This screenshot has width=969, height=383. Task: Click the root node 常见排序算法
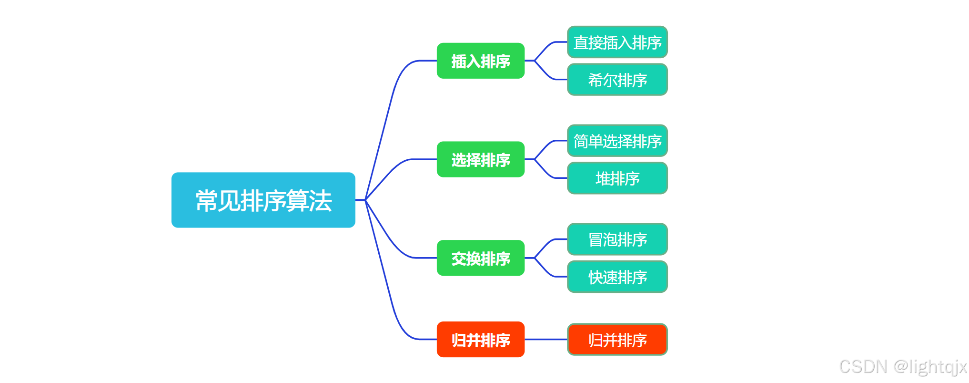click(x=263, y=200)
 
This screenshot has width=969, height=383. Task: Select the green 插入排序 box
click(x=480, y=61)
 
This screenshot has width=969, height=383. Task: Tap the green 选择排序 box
click(x=480, y=159)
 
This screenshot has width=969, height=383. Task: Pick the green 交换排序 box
click(x=480, y=258)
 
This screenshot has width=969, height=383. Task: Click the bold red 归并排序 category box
click(x=480, y=340)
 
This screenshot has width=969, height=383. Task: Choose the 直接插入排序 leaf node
click(x=617, y=42)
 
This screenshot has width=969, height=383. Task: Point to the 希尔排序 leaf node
click(x=617, y=80)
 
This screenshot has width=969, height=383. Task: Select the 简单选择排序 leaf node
click(x=617, y=141)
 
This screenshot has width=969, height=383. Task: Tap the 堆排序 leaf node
click(x=617, y=178)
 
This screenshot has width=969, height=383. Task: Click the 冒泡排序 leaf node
click(x=617, y=239)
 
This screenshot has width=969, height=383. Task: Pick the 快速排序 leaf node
click(x=617, y=277)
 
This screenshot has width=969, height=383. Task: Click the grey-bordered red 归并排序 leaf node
click(x=617, y=340)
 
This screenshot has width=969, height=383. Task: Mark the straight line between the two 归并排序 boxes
click(x=545, y=340)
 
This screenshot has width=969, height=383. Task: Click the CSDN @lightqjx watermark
click(x=903, y=367)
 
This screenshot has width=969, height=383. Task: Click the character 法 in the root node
click(x=320, y=200)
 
